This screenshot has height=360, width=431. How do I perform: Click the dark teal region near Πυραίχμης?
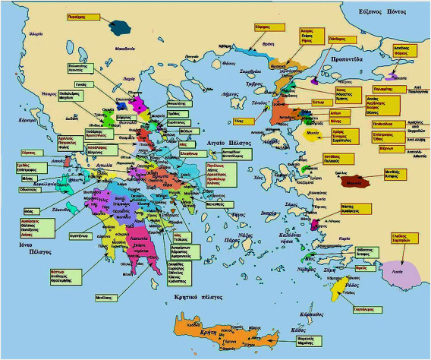pyautogui.click(x=119, y=29)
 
